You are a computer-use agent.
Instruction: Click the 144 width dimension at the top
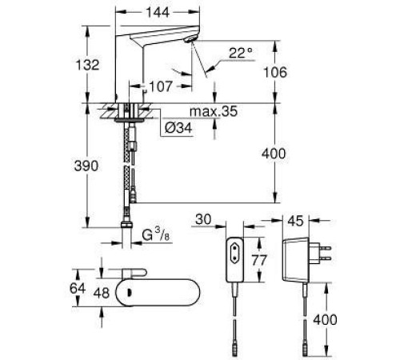(x=158, y=13)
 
